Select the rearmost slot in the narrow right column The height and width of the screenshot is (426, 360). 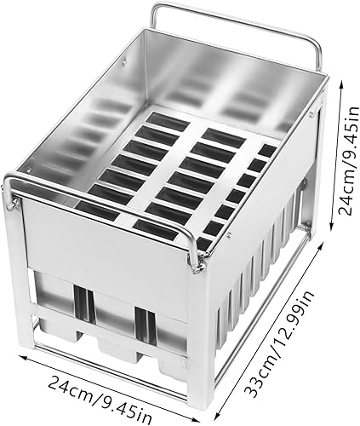tap(266, 152)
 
